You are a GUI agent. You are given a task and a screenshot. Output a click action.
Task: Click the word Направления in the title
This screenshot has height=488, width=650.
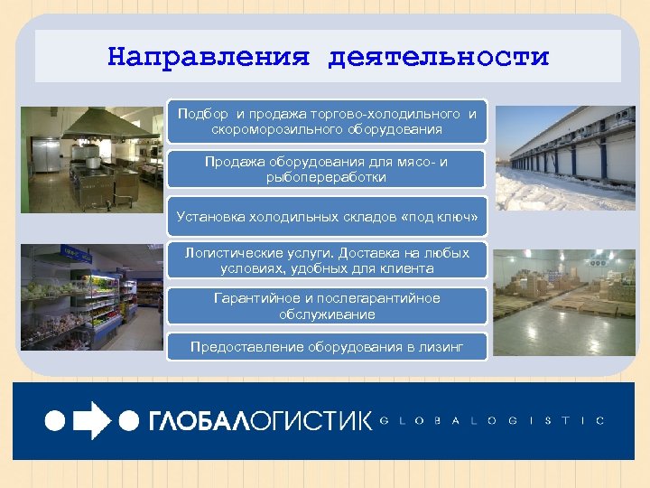tap(209, 57)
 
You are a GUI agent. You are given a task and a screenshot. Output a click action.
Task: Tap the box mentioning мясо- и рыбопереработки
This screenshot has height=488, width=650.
tap(327, 169)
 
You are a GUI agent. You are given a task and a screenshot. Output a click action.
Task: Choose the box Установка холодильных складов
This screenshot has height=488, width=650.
tap(327, 217)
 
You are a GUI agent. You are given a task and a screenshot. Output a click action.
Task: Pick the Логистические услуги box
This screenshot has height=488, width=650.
tap(327, 260)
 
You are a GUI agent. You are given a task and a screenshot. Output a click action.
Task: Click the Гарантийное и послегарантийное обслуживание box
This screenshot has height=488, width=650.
tap(327, 306)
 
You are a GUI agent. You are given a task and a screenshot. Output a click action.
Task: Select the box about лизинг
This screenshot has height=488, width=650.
tap(327, 347)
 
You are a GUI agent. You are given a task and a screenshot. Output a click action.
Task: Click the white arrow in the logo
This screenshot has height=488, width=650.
tap(91, 420)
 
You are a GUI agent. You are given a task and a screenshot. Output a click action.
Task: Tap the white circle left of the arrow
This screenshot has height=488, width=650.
tap(55, 420)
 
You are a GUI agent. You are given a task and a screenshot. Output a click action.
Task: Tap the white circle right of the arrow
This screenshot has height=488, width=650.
tap(130, 420)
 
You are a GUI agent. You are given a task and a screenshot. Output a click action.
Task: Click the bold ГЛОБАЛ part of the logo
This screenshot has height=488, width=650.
tap(195, 420)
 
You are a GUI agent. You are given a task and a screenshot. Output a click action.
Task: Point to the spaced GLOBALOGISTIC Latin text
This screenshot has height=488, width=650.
tap(492, 420)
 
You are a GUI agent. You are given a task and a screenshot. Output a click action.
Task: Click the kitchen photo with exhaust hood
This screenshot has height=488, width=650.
tap(90, 161)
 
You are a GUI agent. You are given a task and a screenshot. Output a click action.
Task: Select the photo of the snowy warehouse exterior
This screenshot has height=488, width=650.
tap(565, 158)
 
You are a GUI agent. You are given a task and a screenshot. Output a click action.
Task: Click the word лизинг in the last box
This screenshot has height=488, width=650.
tap(442, 347)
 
